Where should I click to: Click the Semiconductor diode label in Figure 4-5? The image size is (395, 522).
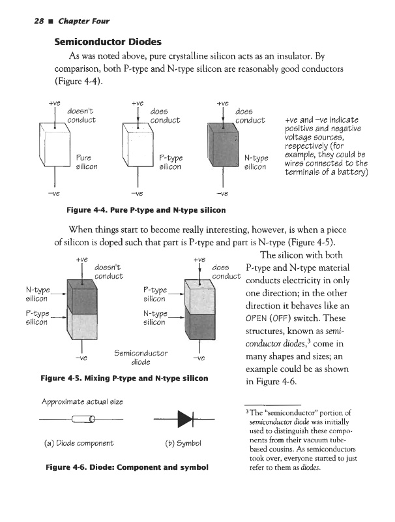pyautogui.click(x=141, y=357)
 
